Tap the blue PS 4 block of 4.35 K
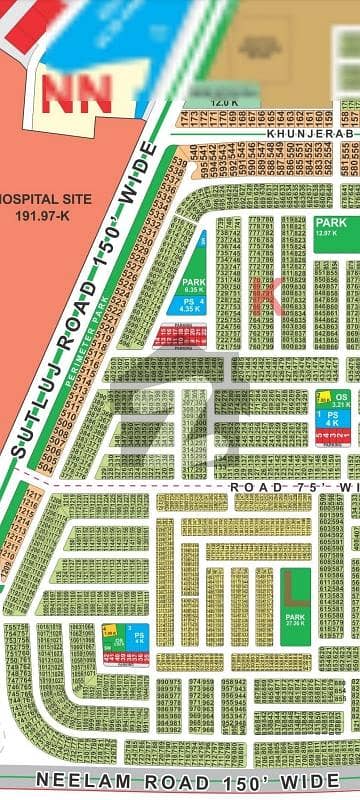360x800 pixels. (190, 305)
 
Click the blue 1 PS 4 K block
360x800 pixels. (332, 420)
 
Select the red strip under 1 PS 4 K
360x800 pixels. (332, 439)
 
